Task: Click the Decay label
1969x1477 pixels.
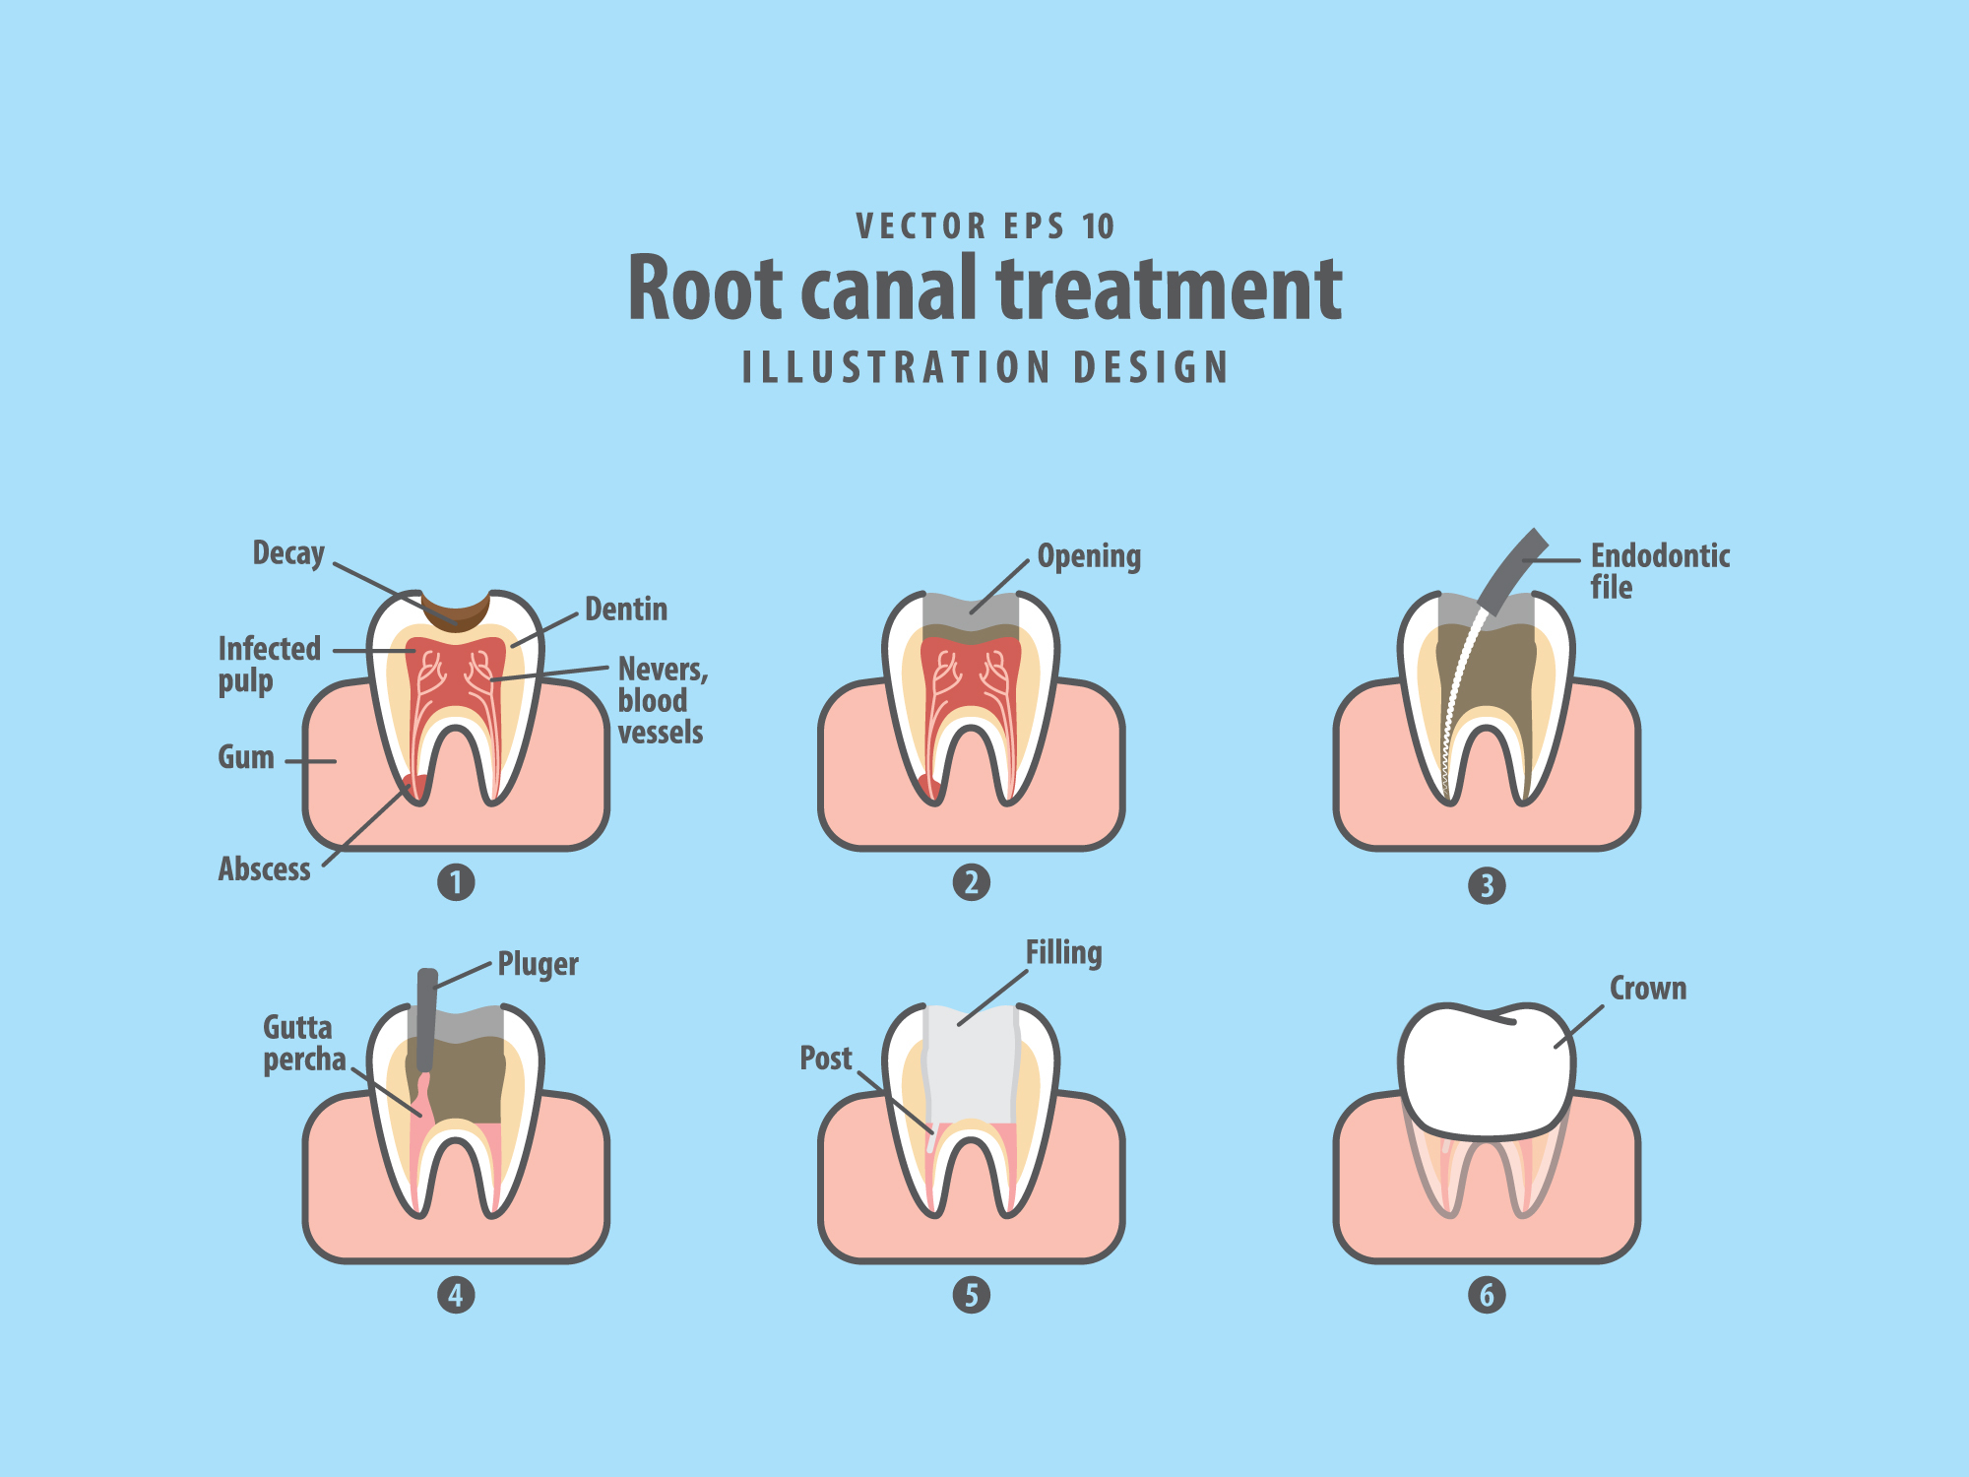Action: [x=288, y=554]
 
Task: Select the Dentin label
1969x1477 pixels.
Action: [x=626, y=610]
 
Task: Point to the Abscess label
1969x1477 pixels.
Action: [x=264, y=869]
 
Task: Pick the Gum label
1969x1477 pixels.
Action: [x=246, y=757]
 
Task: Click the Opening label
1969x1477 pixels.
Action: [x=1089, y=557]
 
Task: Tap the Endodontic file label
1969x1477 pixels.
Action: [x=1660, y=571]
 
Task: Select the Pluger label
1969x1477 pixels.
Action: [x=538, y=964]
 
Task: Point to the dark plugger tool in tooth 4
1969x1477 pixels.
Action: [x=426, y=1020]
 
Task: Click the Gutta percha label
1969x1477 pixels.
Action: [x=303, y=1044]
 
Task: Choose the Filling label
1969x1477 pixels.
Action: [x=1063, y=953]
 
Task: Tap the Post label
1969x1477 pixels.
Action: [x=825, y=1059]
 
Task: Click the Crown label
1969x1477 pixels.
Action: [x=1647, y=989]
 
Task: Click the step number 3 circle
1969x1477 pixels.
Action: [x=1487, y=885]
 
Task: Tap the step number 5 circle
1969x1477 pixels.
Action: [x=971, y=1295]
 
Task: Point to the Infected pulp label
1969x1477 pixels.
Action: [x=269, y=665]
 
